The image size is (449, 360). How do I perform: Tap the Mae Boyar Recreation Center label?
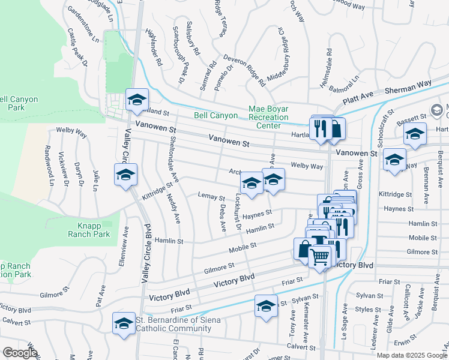[x=268, y=118]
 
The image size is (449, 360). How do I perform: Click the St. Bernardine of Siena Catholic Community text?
[x=178, y=324]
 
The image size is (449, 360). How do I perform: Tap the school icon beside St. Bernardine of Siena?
[x=124, y=323]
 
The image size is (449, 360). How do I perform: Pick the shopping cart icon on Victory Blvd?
[x=320, y=257]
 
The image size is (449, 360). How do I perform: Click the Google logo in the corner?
[x=19, y=353]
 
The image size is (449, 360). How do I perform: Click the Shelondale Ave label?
[x=173, y=158]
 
